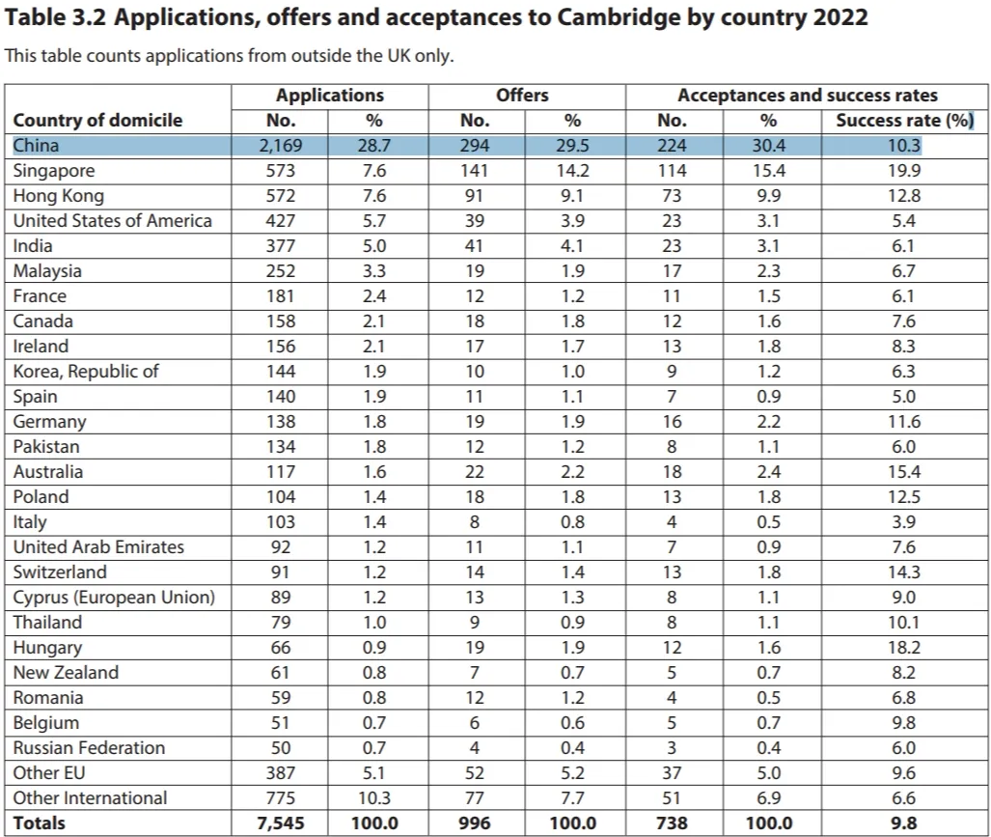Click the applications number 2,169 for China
(281, 146)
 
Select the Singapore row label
(56, 171)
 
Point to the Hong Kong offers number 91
(475, 196)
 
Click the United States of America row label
(112, 221)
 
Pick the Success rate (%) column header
(904, 121)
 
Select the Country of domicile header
(97, 121)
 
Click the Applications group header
(329, 96)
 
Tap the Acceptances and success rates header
(807, 96)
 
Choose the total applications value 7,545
(281, 823)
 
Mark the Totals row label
(40, 823)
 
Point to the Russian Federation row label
(89, 748)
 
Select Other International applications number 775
(281, 798)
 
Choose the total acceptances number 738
(672, 823)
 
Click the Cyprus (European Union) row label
(114, 598)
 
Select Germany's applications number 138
(281, 422)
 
